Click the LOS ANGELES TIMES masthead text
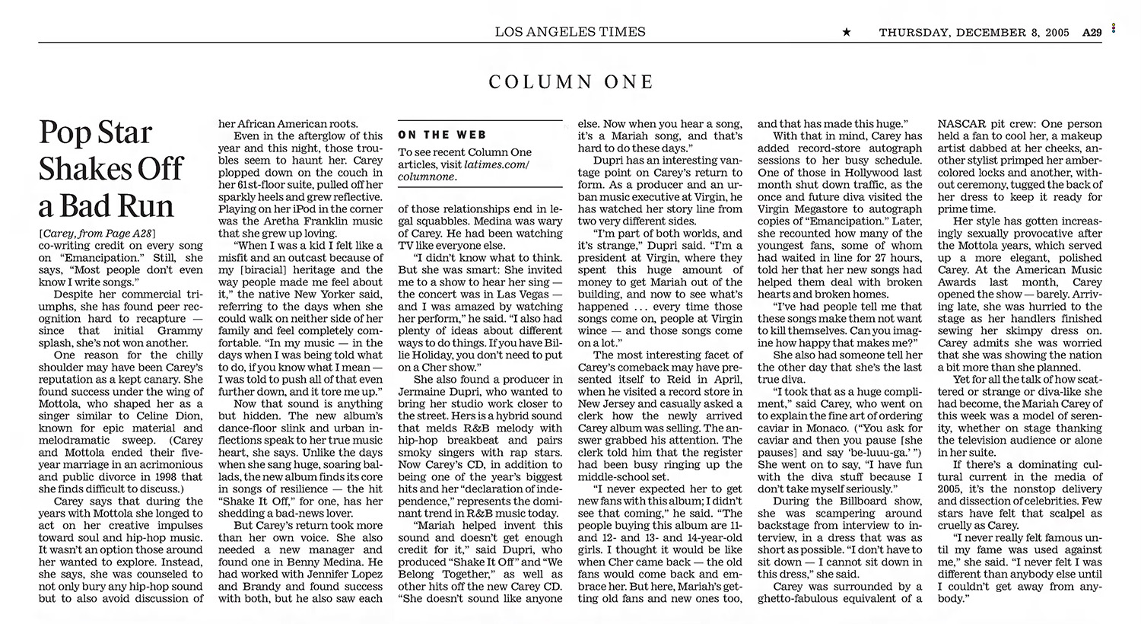coord(570,32)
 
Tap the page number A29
coord(1092,33)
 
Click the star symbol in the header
coord(846,32)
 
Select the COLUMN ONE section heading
coord(570,82)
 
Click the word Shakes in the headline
coord(81,169)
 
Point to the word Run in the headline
coord(145,205)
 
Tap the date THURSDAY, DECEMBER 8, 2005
coord(974,33)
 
